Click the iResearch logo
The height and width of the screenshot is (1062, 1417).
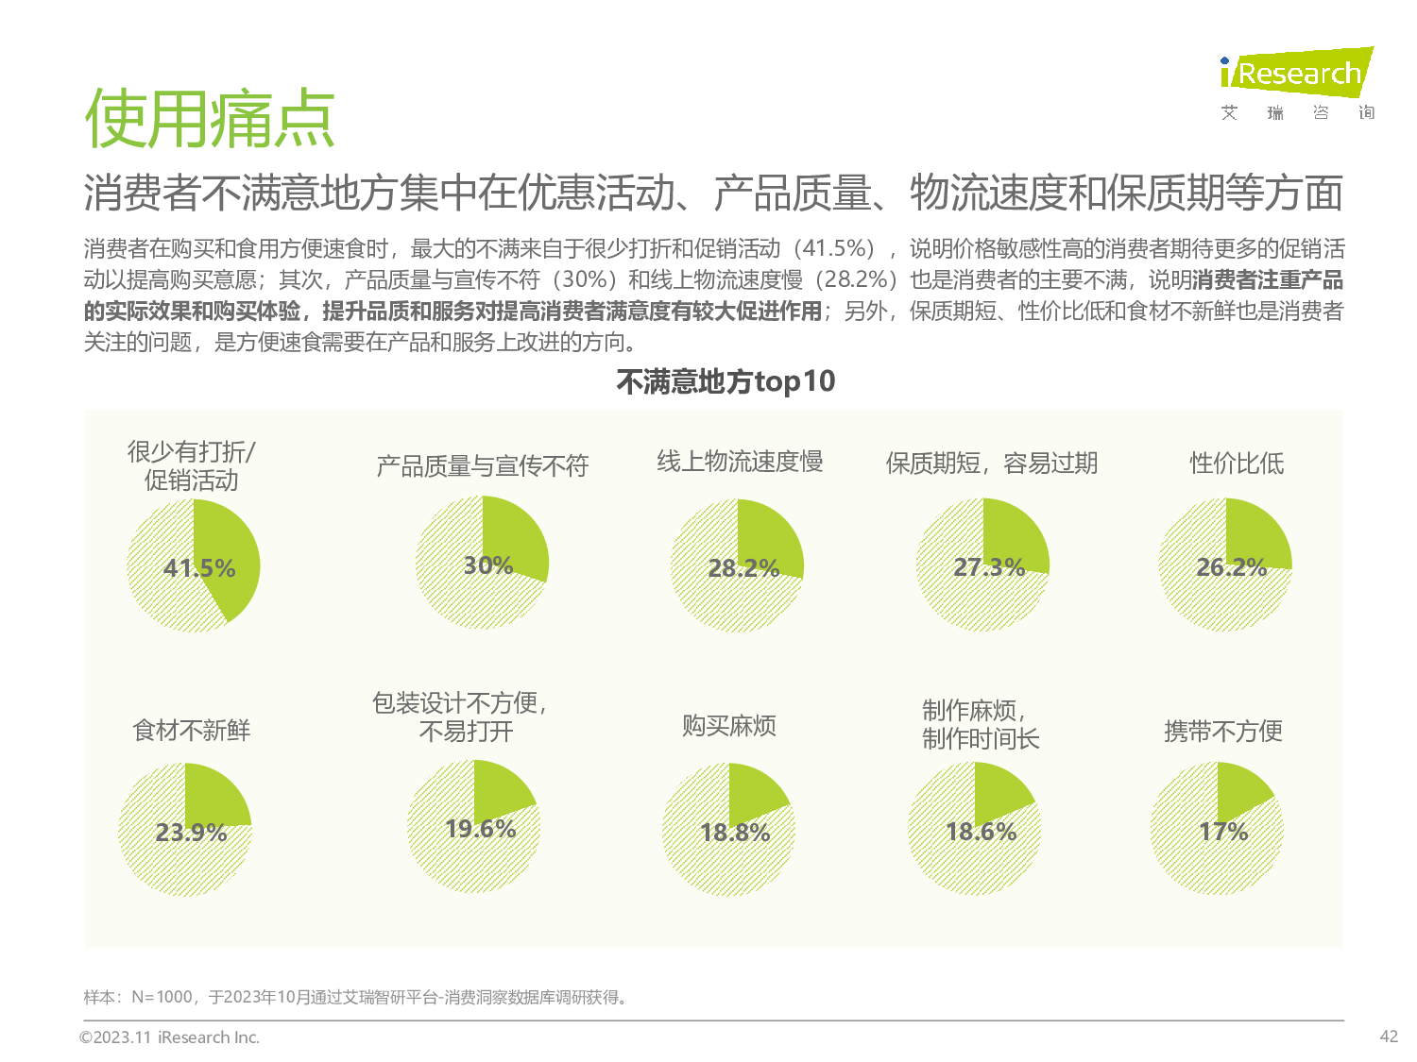[x=1296, y=74]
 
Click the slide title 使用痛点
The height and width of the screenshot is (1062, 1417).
[x=210, y=120]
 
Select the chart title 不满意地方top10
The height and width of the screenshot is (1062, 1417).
[x=726, y=381]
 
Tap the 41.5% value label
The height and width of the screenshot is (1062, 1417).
[x=199, y=568]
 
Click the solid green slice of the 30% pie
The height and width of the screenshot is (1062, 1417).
[x=515, y=538]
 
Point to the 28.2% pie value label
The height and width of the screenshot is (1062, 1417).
[x=743, y=568]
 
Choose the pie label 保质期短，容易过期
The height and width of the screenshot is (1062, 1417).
[x=991, y=464]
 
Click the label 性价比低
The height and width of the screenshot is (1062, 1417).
[x=1237, y=464]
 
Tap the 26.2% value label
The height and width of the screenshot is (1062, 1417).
[x=1231, y=567]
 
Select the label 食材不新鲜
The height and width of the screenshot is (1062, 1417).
[x=192, y=730]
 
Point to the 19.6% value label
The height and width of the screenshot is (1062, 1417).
[x=480, y=829]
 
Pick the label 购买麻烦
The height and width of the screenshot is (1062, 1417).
[x=729, y=725]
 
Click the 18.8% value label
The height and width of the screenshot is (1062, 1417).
[x=735, y=833]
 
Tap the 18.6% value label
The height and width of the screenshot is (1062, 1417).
[x=981, y=832]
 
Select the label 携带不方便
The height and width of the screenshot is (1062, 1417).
[x=1223, y=731]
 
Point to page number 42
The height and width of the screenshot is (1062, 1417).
[x=1389, y=1036]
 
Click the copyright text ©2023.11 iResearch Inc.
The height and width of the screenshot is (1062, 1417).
[x=170, y=1037]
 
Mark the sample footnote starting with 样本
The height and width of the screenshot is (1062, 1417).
[x=356, y=997]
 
